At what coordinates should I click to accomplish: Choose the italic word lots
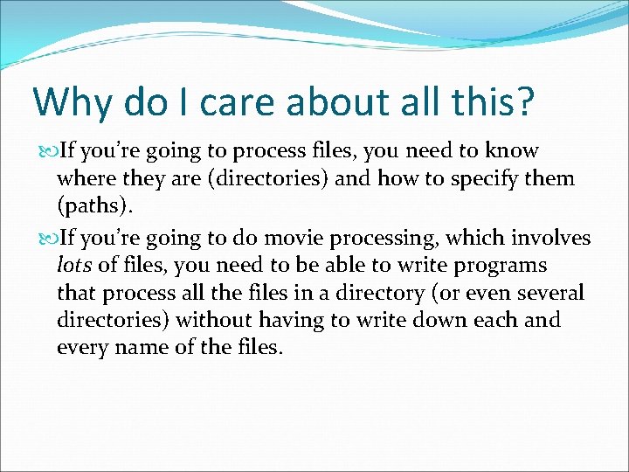pyautogui.click(x=72, y=265)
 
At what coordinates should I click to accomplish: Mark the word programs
pyautogui.click(x=503, y=265)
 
